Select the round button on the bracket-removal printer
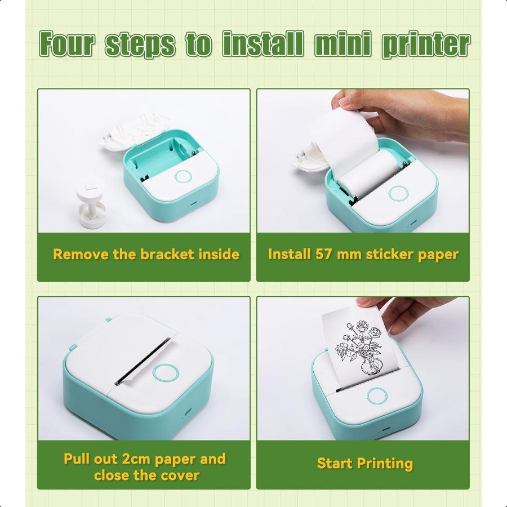pos(183,176)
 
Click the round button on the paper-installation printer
pos(398,193)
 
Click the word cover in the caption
pos(180,475)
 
